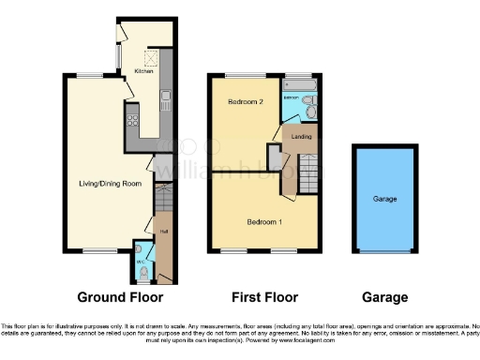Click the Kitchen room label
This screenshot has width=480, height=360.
[x=143, y=71]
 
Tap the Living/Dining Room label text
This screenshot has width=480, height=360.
[x=110, y=184]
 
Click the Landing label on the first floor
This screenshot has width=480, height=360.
[x=301, y=137]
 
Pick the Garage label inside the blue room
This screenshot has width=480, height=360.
[x=385, y=200]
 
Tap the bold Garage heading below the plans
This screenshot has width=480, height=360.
[x=385, y=297]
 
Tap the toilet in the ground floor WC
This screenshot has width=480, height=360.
[x=142, y=273]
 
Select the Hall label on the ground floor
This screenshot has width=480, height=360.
[x=162, y=232]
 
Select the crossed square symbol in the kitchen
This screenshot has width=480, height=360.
[x=146, y=54]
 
